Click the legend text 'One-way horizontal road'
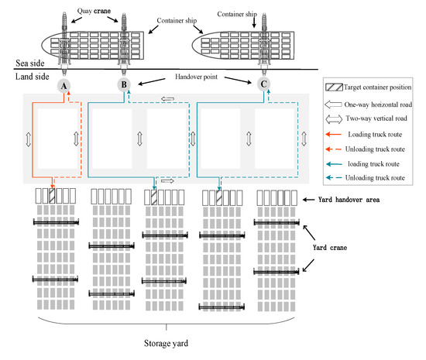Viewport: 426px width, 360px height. pyautogui.click(x=373, y=105)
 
